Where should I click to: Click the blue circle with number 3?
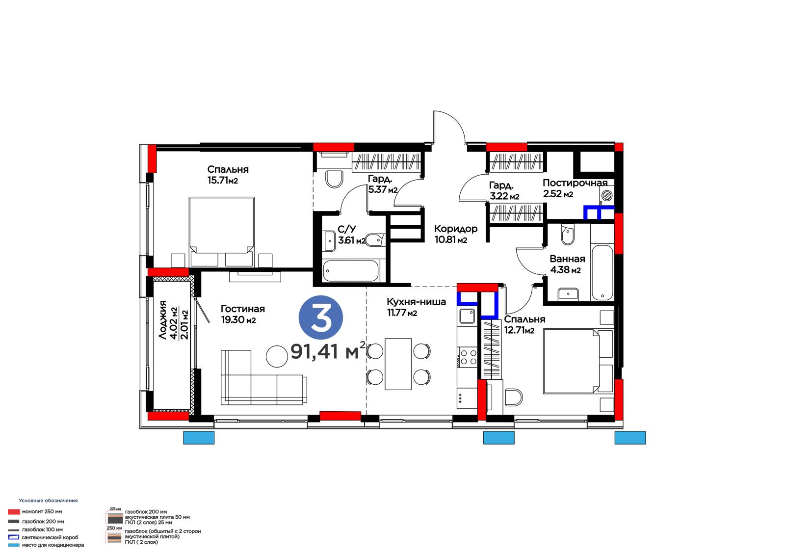pyautogui.click(x=321, y=317)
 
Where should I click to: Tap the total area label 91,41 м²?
pyautogui.click(x=328, y=351)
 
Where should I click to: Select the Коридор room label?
pyautogui.click(x=456, y=229)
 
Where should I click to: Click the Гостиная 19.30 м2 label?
pyautogui.click(x=242, y=314)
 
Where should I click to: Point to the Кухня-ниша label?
pyautogui.click(x=417, y=302)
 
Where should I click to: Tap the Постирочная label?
pyautogui.click(x=575, y=183)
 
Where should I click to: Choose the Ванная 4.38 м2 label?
pyautogui.click(x=567, y=264)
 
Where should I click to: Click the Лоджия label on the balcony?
pyautogui.click(x=162, y=320)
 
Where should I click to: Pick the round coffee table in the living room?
pyautogui.click(x=277, y=356)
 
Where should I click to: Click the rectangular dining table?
pyautogui.click(x=398, y=364)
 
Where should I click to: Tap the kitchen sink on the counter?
pyautogui.click(x=467, y=316)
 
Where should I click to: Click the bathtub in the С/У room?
pyautogui.click(x=350, y=271)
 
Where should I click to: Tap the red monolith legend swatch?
pyautogui.click(x=14, y=512)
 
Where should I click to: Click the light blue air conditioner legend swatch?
pyautogui.click(x=14, y=545)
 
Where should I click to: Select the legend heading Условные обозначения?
pyautogui.click(x=49, y=501)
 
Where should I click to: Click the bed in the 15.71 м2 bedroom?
pyautogui.click(x=221, y=232)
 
